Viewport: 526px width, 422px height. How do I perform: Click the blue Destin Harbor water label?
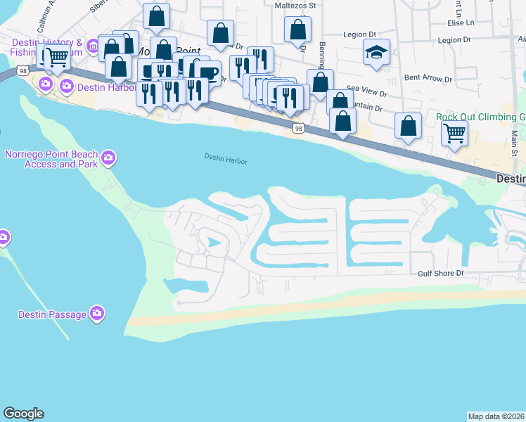(226, 159)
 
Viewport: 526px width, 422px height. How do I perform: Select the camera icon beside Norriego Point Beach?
(108, 156)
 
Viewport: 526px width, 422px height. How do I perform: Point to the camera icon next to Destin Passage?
(97, 314)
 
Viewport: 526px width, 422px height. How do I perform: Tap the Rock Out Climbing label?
(480, 117)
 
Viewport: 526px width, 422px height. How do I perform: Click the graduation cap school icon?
(376, 52)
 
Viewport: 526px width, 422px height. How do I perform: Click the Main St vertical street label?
(515, 143)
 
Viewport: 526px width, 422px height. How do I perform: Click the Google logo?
(23, 414)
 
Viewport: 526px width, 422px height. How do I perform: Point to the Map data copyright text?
(496, 416)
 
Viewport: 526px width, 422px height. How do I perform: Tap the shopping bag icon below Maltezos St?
(297, 30)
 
